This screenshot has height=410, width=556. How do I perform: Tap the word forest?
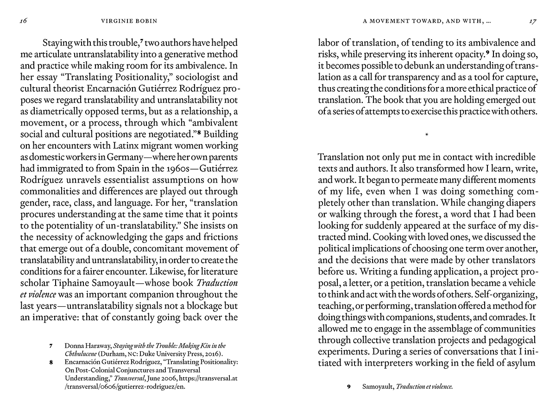coord(411,214)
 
